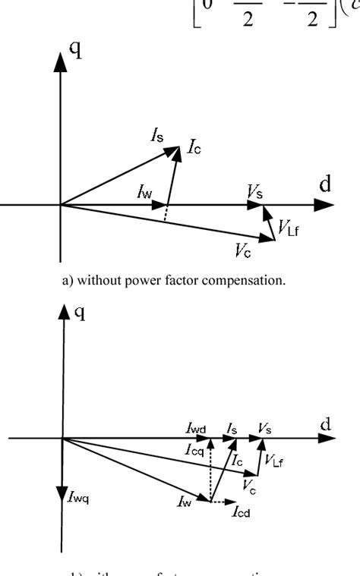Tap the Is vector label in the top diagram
coord(157,137)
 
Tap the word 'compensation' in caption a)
coord(250,280)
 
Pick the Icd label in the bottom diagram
coord(242,511)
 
